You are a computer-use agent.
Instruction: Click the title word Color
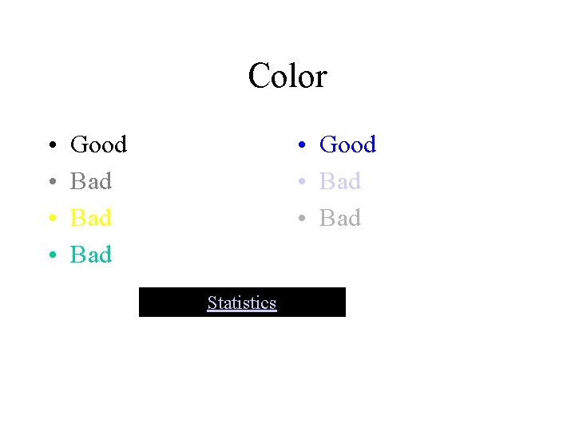point(287,77)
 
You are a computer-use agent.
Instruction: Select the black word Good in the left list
point(98,144)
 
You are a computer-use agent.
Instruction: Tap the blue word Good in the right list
point(347,144)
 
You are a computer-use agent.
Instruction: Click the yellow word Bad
point(91,218)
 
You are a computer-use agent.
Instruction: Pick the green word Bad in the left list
point(91,255)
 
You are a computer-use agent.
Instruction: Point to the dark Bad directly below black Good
point(91,181)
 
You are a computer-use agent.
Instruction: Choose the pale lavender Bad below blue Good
point(340,181)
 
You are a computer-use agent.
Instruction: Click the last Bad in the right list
point(340,218)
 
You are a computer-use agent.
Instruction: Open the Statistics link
point(242,302)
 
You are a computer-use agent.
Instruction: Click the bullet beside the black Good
point(51,146)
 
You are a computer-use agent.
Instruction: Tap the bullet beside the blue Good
point(300,146)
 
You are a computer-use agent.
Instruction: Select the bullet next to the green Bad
point(51,256)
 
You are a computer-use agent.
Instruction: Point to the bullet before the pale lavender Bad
point(300,183)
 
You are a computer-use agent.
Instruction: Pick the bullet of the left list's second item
point(51,183)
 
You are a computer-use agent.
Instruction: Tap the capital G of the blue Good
point(327,144)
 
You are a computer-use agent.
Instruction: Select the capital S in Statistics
point(212,302)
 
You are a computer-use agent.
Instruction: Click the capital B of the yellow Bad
point(78,218)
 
